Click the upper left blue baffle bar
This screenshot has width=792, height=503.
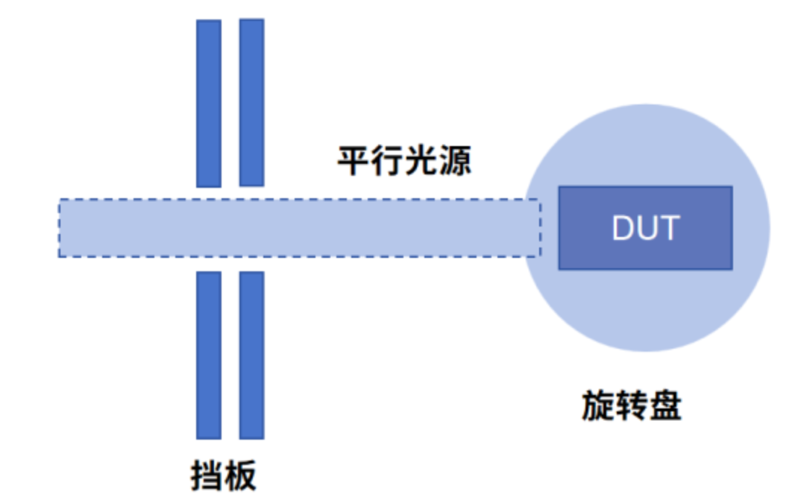tap(209, 103)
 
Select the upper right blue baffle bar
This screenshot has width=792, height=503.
tap(252, 103)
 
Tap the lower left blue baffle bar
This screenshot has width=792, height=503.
tap(209, 355)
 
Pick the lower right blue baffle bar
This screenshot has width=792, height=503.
tap(252, 355)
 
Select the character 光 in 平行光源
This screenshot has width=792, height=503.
tap(421, 160)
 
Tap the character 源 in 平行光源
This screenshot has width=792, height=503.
tap(456, 160)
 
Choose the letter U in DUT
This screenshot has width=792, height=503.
tap(647, 228)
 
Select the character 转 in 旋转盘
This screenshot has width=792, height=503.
tap(632, 407)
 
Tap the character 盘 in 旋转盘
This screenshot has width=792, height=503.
tap(665, 407)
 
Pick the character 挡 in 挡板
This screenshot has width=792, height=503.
tap(207, 475)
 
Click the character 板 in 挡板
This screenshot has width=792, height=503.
tap(240, 475)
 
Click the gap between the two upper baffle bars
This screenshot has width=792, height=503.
tap(230, 103)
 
